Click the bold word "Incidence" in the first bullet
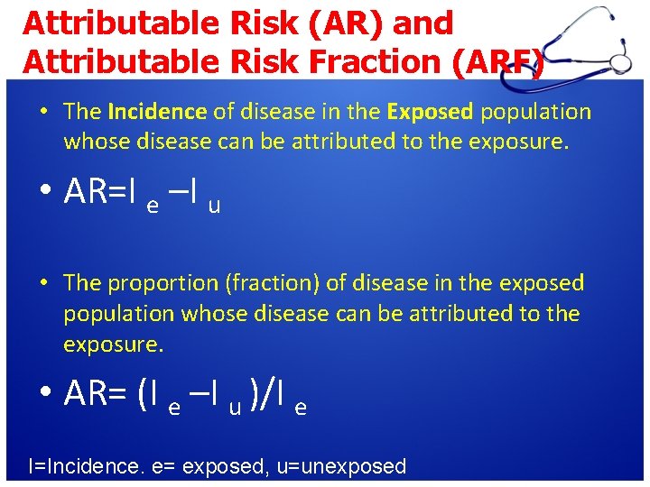pos(156,112)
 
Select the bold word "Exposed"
pos(429,112)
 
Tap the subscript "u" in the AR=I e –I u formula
pos(214,207)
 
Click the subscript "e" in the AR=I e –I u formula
pos(153,207)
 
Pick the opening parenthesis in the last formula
pos(143,393)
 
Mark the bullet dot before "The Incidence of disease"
pos(43,112)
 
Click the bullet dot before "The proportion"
pos(43,283)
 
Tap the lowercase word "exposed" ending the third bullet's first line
pos(545,283)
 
